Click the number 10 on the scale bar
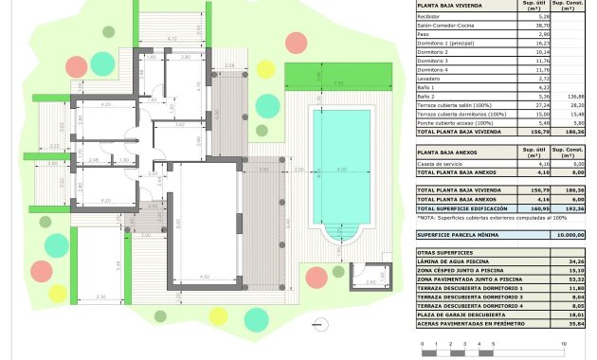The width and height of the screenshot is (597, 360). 565,343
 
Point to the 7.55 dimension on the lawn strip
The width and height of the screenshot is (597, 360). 338,83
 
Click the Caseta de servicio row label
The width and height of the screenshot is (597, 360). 438,164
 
